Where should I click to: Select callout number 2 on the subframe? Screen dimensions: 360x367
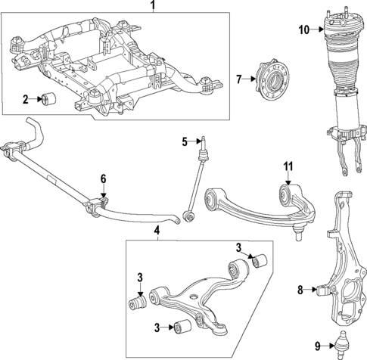25,99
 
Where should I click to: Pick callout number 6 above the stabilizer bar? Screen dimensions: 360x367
104,179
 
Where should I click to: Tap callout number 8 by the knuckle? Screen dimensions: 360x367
300,288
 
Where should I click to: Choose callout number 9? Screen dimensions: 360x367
303,30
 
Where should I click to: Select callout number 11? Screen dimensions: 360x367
287,168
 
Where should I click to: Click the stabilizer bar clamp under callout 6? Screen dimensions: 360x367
98,204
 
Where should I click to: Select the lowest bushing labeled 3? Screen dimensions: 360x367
182,327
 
